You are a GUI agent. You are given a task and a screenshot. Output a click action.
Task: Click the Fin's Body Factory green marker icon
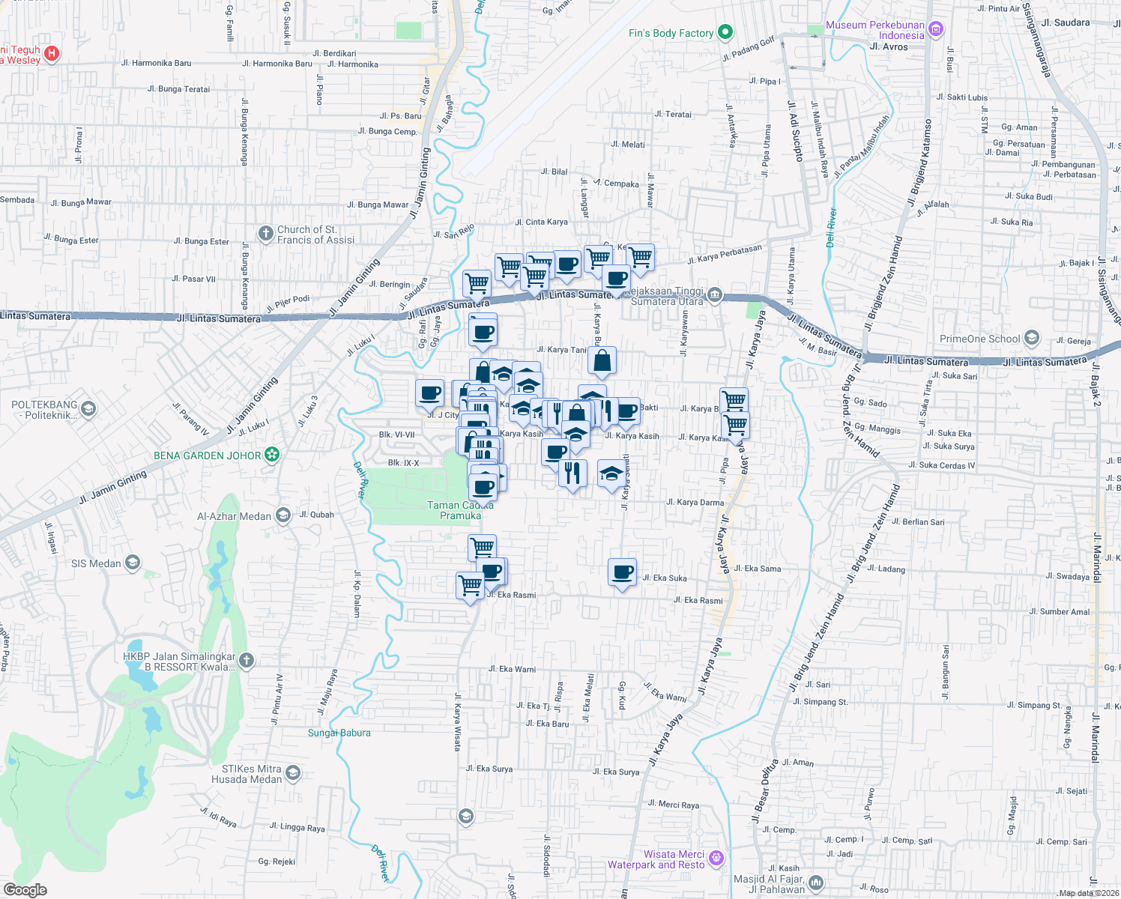[x=725, y=32]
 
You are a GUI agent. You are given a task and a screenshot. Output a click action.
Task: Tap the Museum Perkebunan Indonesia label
[x=875, y=30]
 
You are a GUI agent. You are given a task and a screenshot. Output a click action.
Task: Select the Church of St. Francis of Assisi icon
[x=265, y=234]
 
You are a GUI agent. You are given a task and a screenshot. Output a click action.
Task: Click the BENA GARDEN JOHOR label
[x=207, y=455]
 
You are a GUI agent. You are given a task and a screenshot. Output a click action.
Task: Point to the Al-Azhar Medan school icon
[x=282, y=515]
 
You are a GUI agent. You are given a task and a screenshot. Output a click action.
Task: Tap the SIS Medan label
[x=96, y=563]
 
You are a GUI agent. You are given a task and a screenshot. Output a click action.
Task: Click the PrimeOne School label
[x=979, y=339]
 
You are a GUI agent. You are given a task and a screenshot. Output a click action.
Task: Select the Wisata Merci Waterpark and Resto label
[x=656, y=859]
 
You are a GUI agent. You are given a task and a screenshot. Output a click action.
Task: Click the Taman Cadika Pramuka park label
[x=460, y=510]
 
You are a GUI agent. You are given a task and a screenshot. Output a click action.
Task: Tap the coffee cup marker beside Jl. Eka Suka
[x=622, y=572]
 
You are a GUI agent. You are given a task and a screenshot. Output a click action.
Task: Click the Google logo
[x=25, y=889]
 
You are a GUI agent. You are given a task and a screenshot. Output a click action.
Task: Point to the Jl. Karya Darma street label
[x=695, y=503]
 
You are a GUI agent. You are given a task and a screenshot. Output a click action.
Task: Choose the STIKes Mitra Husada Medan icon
[x=293, y=772]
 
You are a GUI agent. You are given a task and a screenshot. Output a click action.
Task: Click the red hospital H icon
[x=51, y=53]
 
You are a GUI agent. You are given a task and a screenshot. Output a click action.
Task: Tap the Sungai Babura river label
[x=339, y=733]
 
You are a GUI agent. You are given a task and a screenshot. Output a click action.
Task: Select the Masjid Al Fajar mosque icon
[x=816, y=883]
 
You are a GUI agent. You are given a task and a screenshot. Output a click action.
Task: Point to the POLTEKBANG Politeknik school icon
[x=88, y=409]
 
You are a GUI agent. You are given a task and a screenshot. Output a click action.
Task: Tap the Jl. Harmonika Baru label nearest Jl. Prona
[x=157, y=63]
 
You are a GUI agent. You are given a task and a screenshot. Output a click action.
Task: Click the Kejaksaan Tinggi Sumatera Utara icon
[x=714, y=294]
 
